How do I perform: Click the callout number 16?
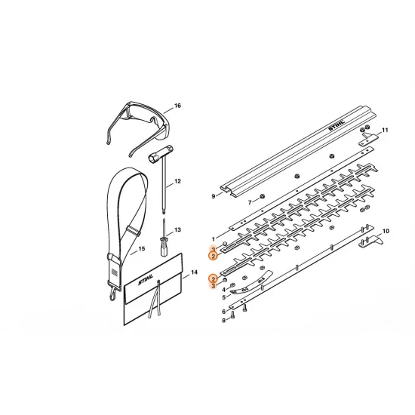tap(177, 106)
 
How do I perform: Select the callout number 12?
tap(177, 181)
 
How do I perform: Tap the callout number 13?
tap(177, 229)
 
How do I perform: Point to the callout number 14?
tap(194, 272)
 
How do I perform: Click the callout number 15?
tap(142, 248)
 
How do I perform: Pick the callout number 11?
tap(385, 130)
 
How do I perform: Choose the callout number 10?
tap(386, 231)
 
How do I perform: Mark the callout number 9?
tap(214, 196)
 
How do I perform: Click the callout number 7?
tap(250, 202)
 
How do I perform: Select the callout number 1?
tap(214, 239)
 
